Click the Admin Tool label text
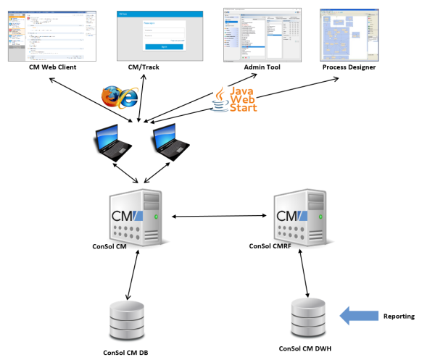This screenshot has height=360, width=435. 262,67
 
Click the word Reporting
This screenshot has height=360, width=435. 398,316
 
